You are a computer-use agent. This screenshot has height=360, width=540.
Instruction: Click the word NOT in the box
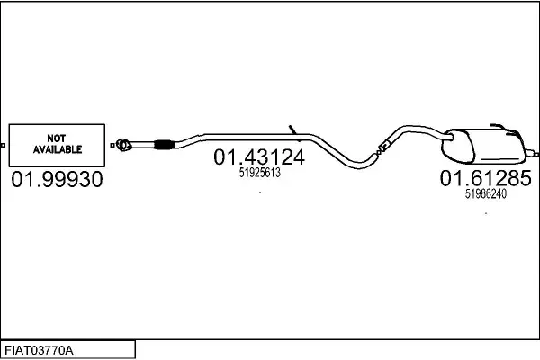[x=57, y=139]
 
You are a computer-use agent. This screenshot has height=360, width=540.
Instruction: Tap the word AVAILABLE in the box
[x=58, y=149]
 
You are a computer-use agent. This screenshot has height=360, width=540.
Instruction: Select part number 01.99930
[x=57, y=179]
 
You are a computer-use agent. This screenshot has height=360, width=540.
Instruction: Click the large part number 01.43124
[x=259, y=157]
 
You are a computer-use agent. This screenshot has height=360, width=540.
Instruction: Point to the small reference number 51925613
[x=260, y=173]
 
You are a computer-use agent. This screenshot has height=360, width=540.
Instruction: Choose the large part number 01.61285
[x=486, y=178]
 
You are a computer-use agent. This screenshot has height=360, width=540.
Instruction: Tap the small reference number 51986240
[x=486, y=194]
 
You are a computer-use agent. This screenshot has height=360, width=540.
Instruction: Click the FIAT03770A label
[x=39, y=350]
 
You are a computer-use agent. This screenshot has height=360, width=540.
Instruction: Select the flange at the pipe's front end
[x=123, y=145]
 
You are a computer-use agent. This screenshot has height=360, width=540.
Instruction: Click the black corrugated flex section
[x=164, y=145]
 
